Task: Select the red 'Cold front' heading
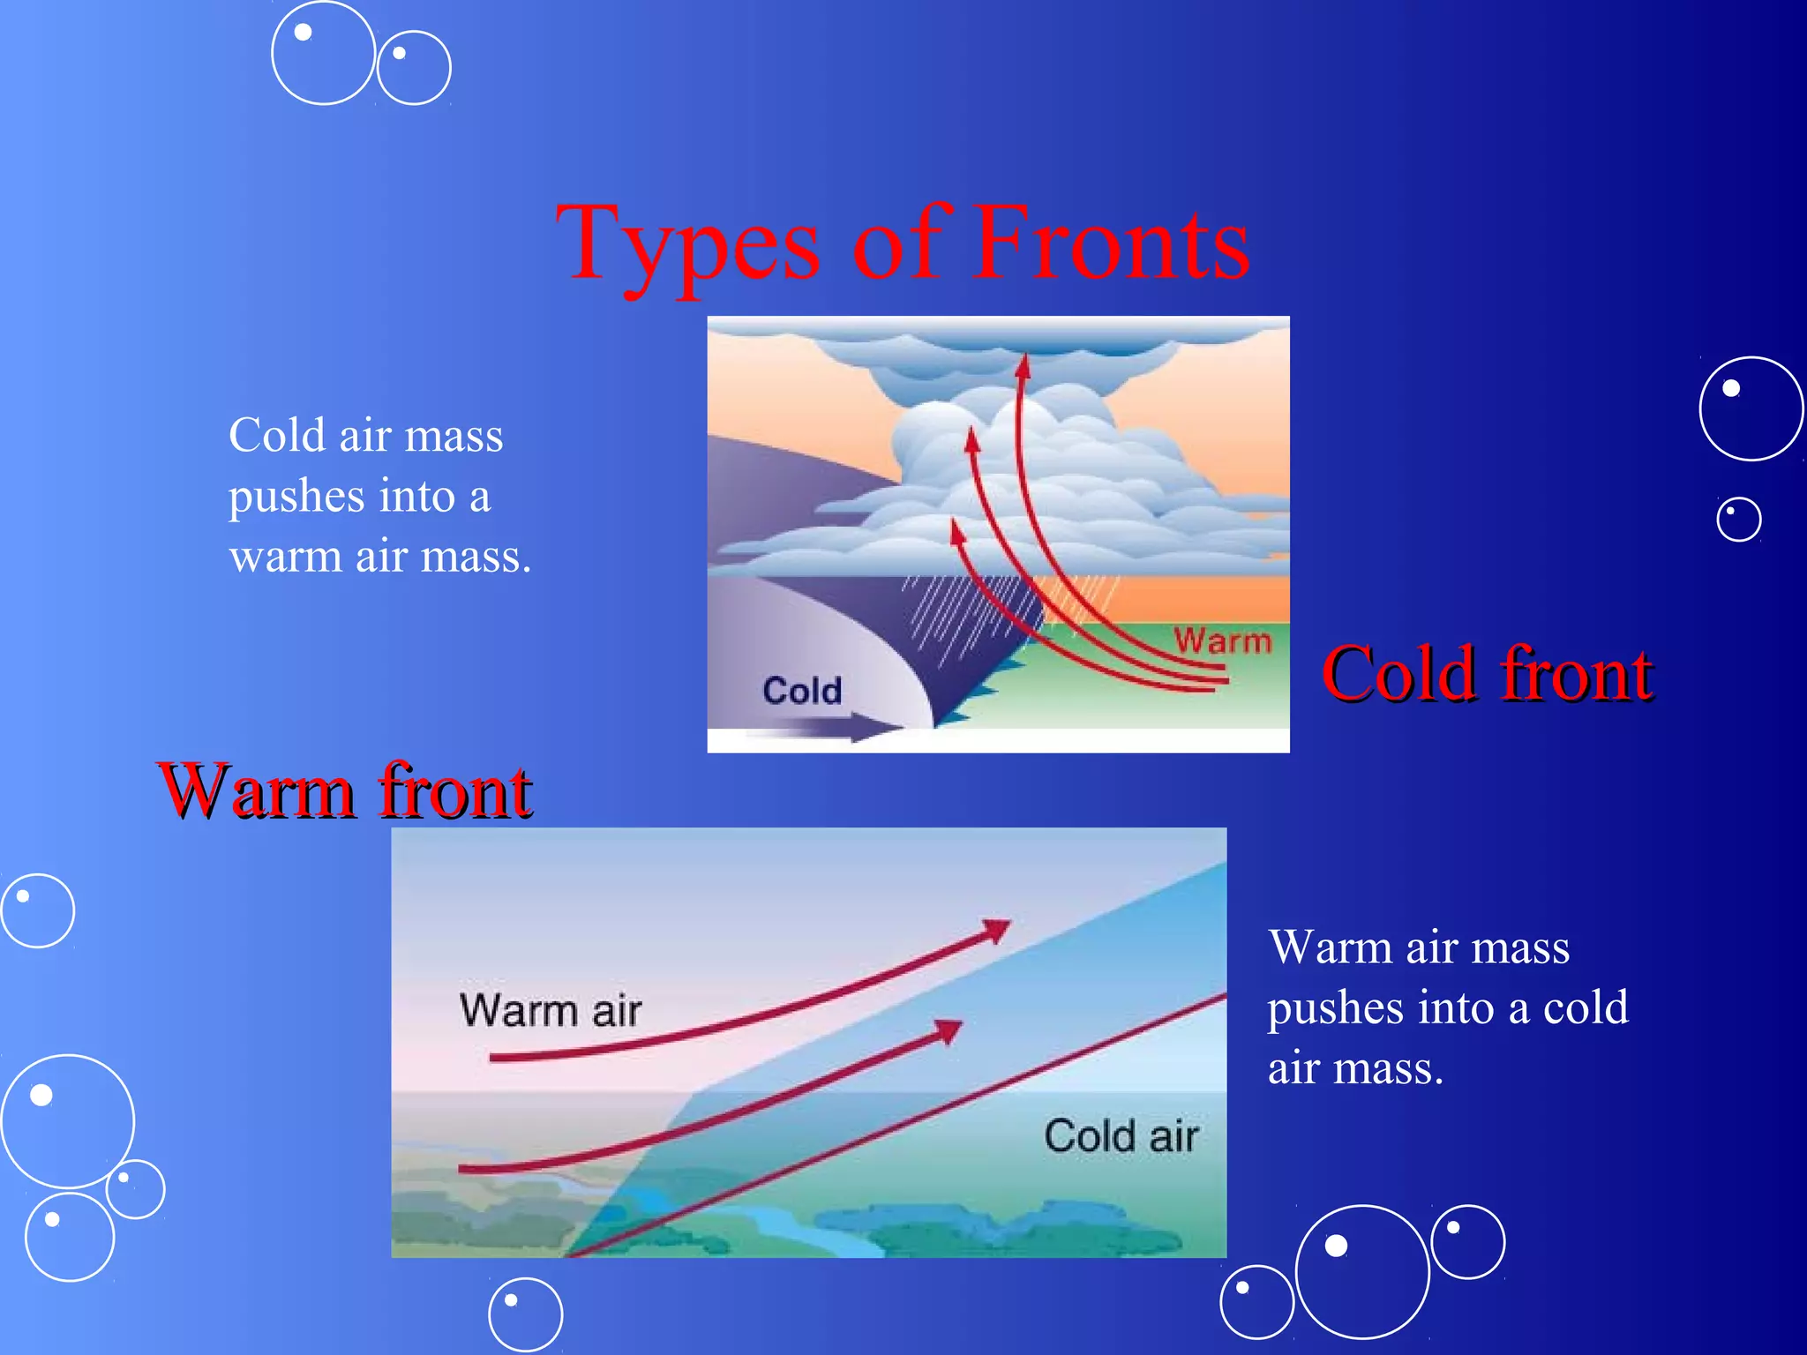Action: [1487, 674]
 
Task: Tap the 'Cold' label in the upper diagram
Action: [802, 690]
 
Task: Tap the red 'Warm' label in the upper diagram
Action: [1222, 640]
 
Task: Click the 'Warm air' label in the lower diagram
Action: [551, 1010]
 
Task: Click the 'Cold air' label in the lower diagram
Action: [1121, 1135]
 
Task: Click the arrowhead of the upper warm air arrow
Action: [998, 930]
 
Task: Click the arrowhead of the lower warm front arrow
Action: [949, 1029]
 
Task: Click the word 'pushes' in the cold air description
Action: [296, 496]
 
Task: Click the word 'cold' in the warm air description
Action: [1586, 1007]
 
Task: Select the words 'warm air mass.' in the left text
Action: [380, 557]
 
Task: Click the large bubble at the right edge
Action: [1751, 408]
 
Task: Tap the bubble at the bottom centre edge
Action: [526, 1314]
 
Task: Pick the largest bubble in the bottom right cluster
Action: [1362, 1271]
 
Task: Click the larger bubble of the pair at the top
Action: [324, 53]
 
